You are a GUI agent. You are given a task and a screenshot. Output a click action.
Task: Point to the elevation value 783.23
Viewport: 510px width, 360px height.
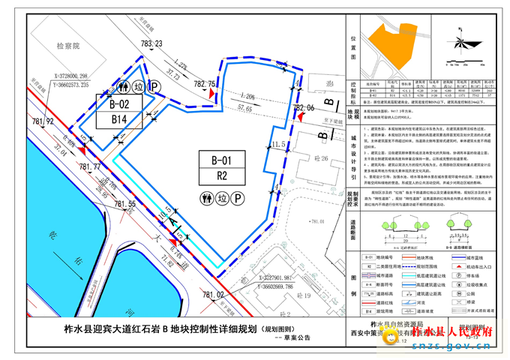coord(151,44)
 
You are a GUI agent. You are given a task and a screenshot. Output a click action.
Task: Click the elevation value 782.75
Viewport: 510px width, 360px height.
coord(205,83)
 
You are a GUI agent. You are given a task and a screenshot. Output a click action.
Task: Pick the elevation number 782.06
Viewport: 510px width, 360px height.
coord(304,108)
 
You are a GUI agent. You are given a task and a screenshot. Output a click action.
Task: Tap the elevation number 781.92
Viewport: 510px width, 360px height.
coord(43,121)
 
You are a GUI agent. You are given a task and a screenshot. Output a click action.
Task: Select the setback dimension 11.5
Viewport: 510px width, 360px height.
coord(279,144)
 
